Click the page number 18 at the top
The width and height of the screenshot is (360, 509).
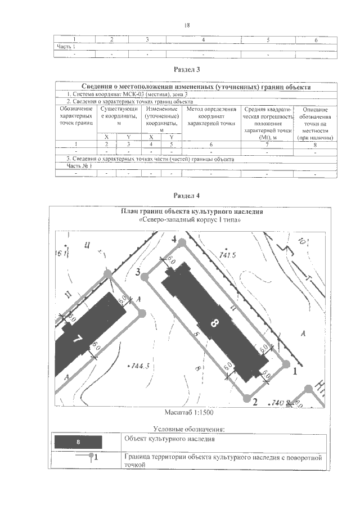[x=187, y=25]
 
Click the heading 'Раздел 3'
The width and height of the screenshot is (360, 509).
[x=187, y=70]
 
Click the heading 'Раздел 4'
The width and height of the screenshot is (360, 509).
[x=187, y=195]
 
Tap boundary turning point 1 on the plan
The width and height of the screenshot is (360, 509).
[x=286, y=364]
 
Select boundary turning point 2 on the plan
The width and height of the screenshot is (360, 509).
[x=246, y=398]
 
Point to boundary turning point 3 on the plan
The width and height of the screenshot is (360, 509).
[x=145, y=277]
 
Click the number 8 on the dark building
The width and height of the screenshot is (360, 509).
[x=213, y=323]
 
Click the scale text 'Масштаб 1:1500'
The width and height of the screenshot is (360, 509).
[x=187, y=412]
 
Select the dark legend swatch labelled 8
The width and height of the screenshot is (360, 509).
[x=79, y=442]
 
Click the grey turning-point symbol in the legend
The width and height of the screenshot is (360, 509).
[x=90, y=457]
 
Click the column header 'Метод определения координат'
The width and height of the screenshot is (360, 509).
[x=211, y=115]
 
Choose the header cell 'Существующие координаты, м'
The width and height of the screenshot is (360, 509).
[x=118, y=115]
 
